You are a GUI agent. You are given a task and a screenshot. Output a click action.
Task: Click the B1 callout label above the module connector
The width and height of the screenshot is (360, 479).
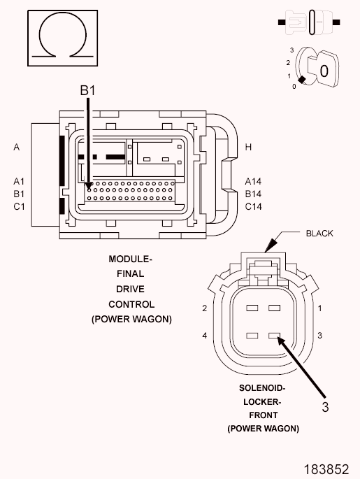coord(87,90)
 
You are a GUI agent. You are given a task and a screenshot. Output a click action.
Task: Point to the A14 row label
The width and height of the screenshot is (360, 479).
coord(253,181)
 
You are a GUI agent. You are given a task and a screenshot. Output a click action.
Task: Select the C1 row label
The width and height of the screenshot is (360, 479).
coord(19,207)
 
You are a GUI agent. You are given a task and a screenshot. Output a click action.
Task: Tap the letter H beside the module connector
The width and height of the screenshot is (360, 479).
coord(248,148)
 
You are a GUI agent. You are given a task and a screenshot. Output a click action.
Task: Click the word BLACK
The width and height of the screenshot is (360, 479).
coord(319,234)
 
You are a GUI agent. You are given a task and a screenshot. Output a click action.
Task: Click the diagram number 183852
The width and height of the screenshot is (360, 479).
coord(326,469)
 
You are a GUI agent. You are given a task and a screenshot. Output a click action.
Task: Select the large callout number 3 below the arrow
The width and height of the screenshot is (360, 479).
coord(326,407)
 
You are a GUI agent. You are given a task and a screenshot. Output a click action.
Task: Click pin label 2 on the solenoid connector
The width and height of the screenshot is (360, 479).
coord(205,308)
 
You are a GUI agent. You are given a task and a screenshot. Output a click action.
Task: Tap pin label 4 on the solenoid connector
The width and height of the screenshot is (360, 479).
coord(205,336)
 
